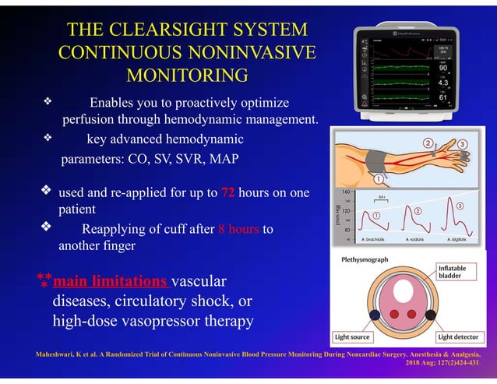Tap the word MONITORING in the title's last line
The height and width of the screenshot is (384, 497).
[187, 76]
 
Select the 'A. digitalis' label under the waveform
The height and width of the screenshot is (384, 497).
[461, 241]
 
